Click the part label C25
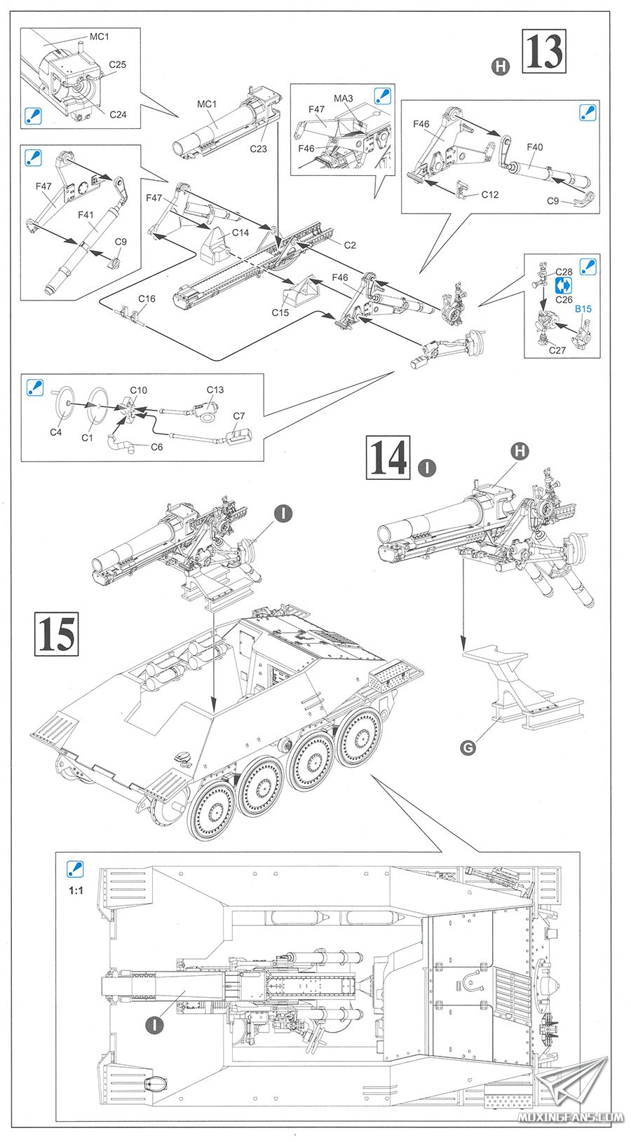118,64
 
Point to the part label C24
118,114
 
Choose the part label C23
259,149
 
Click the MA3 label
344,99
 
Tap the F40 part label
535,147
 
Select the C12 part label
490,194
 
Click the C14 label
240,233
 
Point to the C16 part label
147,298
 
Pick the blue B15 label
583,308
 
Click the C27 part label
557,350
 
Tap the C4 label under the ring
55,432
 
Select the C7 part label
239,415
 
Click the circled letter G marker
468,748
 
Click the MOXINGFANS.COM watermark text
571,1117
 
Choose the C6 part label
157,446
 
